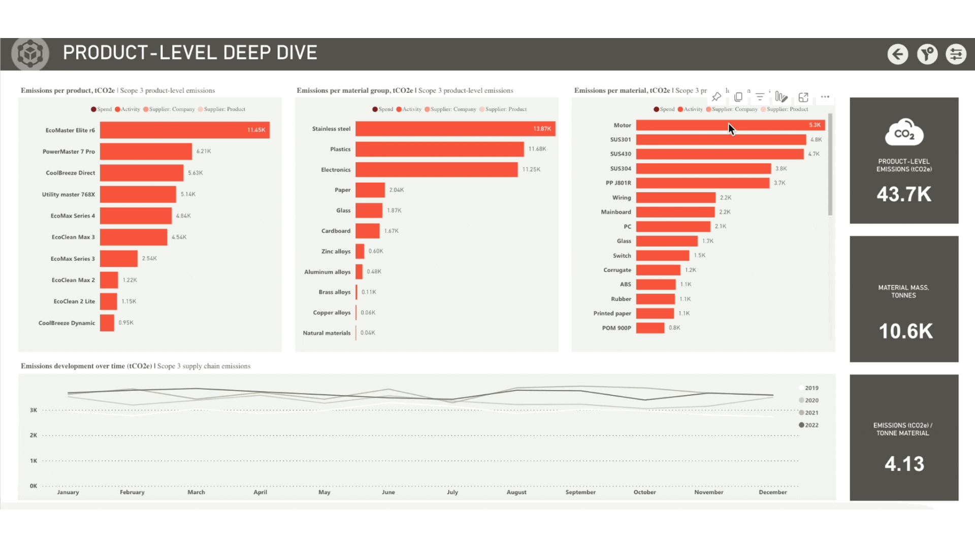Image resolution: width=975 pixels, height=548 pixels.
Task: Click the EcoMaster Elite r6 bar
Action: pos(184,130)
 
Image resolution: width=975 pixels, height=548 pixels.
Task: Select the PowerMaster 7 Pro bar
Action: pos(146,151)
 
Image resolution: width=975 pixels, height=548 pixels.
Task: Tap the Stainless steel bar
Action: pos(455,129)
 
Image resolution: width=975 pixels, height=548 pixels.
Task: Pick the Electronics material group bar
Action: pos(436,169)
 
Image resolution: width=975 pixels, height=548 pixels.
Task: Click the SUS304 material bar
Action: pos(703,168)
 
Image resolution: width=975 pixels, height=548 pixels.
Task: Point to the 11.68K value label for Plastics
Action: pos(537,149)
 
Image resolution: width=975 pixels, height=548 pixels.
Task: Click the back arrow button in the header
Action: pos(898,54)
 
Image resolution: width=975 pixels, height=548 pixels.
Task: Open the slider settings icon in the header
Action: pos(956,54)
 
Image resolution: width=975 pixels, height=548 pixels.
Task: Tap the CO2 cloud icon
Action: pos(904,132)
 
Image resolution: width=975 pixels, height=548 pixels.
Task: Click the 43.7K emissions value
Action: pos(904,194)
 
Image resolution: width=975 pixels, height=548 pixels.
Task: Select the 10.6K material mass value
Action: pos(905,331)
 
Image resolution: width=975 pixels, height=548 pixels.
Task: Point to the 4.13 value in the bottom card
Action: pos(904,464)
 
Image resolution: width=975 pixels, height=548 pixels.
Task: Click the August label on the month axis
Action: pos(516,492)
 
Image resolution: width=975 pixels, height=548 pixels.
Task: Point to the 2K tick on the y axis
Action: pos(34,435)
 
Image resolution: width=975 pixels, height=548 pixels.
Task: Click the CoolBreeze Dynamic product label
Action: pos(67,323)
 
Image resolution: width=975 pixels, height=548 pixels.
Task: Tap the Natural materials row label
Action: pos(327,333)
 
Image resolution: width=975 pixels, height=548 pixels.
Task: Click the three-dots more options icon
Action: pos(825,97)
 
